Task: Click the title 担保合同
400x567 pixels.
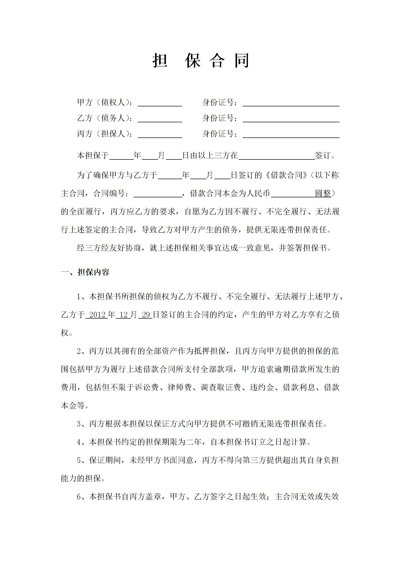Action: point(201,61)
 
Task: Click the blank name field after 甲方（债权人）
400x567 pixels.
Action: point(160,103)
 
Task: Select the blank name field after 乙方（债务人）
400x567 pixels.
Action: point(160,119)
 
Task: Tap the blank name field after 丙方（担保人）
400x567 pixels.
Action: point(160,134)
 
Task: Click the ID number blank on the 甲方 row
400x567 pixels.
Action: point(291,103)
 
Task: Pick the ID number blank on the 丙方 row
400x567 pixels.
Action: point(291,134)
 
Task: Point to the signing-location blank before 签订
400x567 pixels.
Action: point(276,156)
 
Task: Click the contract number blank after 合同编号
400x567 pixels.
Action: point(158,194)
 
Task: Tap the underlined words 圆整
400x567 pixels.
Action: point(323,194)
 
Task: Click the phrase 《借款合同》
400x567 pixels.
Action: point(286,175)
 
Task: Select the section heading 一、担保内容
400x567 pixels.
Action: point(85,272)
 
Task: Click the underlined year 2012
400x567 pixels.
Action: point(97,315)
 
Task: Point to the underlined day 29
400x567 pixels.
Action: point(146,315)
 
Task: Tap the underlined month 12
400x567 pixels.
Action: point(124,315)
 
